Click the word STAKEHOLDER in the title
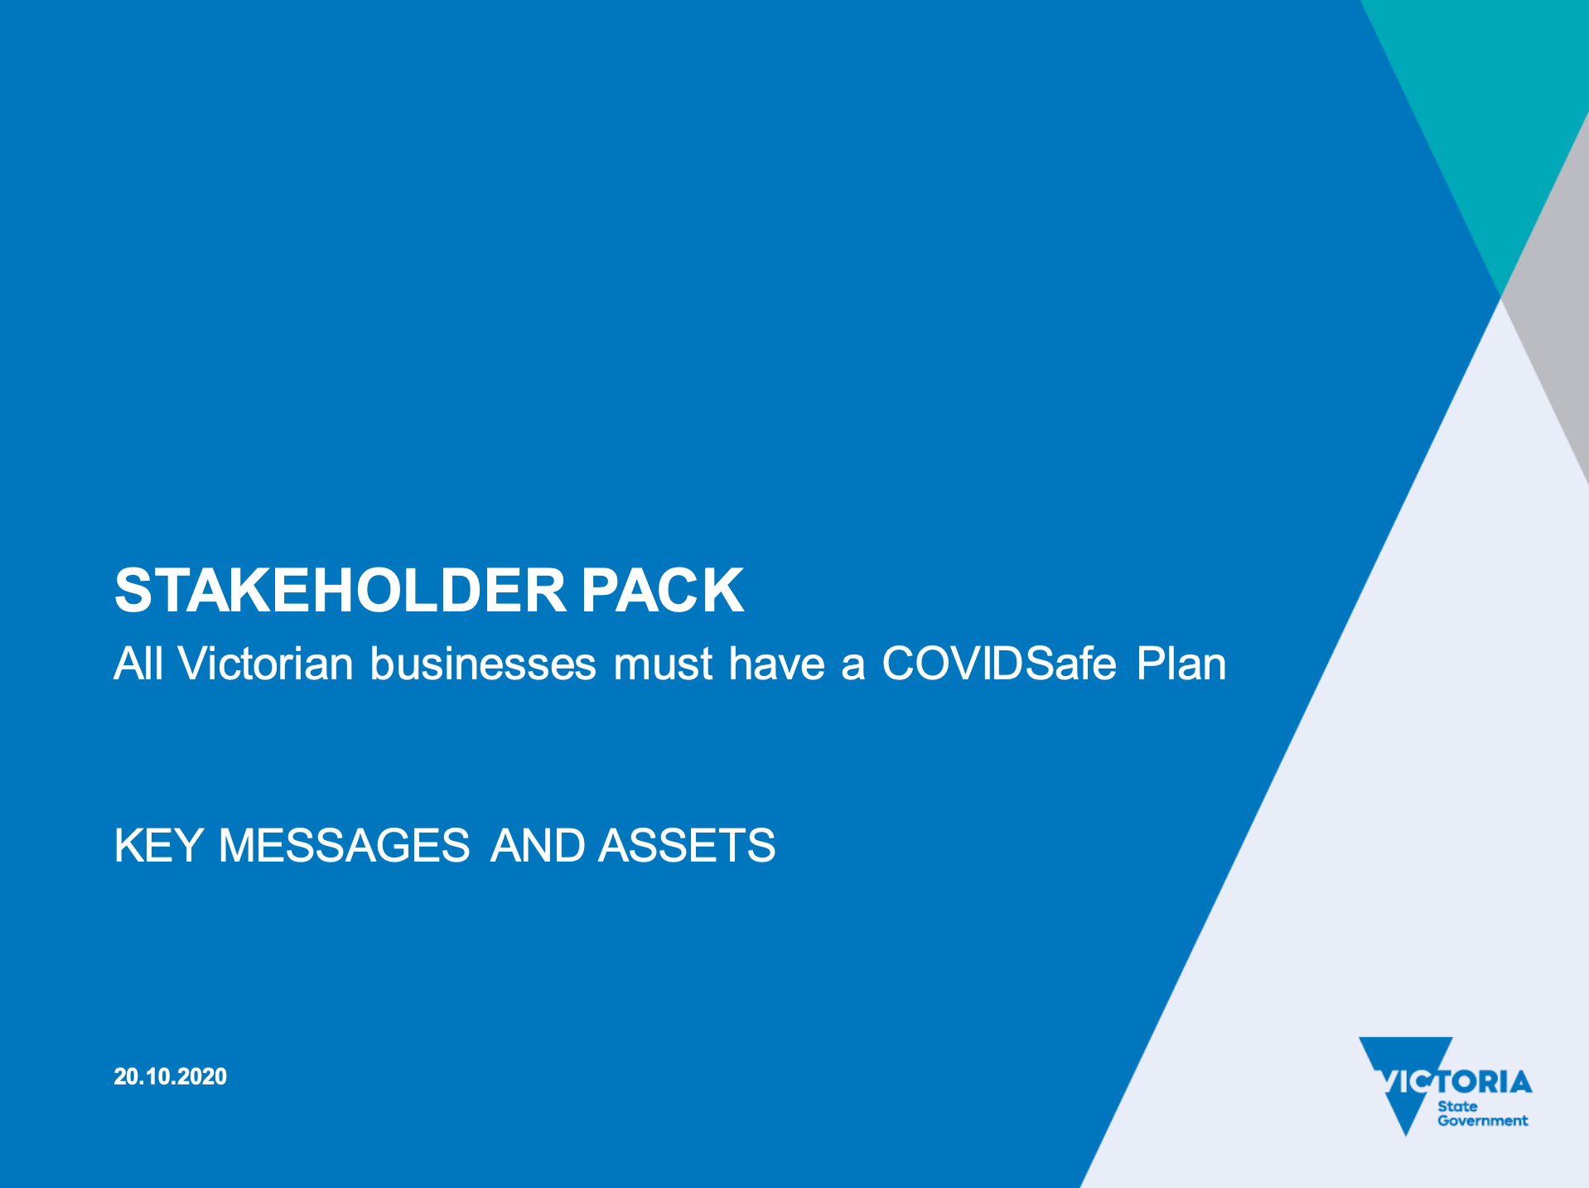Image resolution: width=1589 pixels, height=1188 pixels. (340, 590)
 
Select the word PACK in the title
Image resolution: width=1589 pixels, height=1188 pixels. (662, 590)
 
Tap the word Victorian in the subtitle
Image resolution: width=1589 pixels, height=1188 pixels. (266, 664)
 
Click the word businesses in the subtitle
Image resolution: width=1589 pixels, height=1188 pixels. (483, 664)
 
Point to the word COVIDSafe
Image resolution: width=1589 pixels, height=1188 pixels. (999, 664)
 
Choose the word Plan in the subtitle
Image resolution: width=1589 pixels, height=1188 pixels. (1181, 664)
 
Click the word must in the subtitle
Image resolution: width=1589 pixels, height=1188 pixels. (663, 665)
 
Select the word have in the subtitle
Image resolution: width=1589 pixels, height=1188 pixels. (777, 664)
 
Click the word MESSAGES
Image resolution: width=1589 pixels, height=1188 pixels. (344, 845)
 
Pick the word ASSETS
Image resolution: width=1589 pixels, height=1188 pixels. (687, 845)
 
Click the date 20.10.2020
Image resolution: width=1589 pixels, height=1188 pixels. (171, 1076)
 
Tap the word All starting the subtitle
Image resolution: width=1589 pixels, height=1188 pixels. (139, 664)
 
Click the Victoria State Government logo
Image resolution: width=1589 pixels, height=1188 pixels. (1445, 1085)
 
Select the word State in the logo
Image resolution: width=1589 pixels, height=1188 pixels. (1457, 1106)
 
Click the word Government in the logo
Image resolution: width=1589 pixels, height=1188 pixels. (1482, 1121)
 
